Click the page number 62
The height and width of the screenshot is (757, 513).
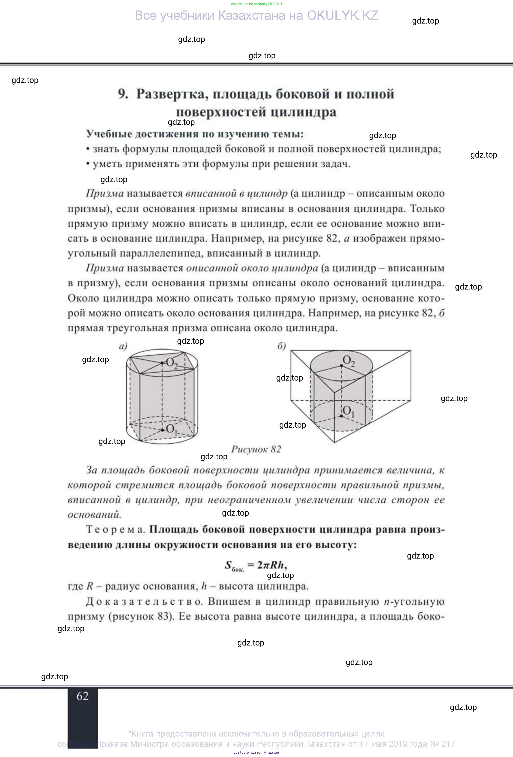(x=82, y=696)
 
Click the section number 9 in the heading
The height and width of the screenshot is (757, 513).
(x=122, y=94)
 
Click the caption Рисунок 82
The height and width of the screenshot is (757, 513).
(x=256, y=449)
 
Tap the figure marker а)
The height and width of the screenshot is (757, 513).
(x=123, y=346)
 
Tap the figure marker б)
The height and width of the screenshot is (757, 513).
(x=281, y=346)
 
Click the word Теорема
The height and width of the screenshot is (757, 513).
(x=115, y=529)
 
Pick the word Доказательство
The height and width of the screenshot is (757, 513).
(x=144, y=601)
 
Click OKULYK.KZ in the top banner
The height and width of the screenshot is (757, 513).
(x=343, y=16)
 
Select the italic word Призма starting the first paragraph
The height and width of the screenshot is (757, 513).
(x=105, y=194)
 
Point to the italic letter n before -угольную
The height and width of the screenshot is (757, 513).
(x=387, y=602)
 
